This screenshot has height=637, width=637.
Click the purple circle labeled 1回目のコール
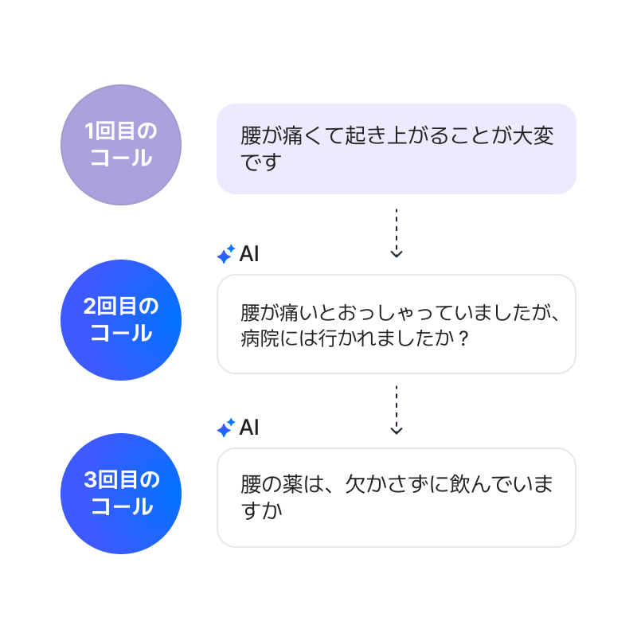tap(121, 145)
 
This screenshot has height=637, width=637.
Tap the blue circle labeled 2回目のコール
tap(121, 320)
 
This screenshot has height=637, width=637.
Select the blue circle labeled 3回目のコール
tap(121, 494)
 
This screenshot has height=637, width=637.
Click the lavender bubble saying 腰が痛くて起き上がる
tap(396, 149)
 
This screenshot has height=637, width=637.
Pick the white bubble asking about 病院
tap(396, 324)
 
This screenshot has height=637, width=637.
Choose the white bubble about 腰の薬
tap(396, 498)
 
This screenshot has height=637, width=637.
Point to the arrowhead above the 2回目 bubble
tap(397, 253)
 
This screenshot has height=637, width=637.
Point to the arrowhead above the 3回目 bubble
tap(397, 430)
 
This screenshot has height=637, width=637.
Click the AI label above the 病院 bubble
tap(249, 255)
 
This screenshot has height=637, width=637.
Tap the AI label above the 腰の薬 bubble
tap(249, 428)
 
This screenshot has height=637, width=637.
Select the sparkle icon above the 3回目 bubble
tap(226, 428)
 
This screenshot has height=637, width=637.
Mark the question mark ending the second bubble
tap(463, 338)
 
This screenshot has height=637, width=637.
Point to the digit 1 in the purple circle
tap(90, 131)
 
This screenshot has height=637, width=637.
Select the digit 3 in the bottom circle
tap(90, 480)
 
